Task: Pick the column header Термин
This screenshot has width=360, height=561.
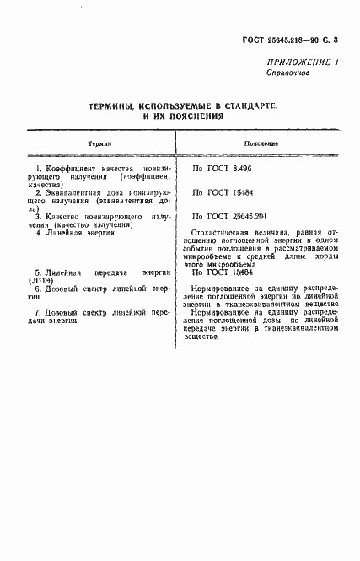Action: click(99, 144)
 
